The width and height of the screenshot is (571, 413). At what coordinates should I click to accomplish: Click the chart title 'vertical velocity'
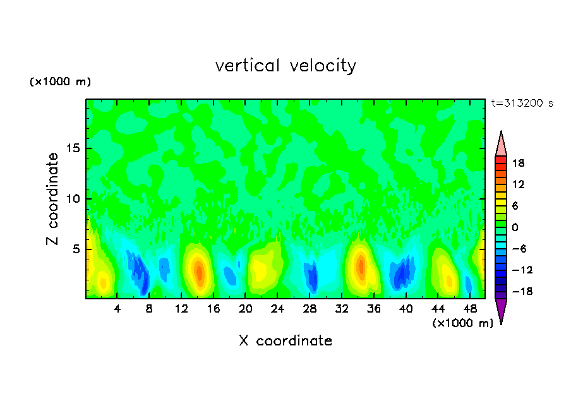[x=285, y=66]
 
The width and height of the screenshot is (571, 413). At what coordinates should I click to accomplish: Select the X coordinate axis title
[x=285, y=341]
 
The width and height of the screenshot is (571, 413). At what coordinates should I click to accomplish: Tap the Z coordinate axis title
[x=52, y=199]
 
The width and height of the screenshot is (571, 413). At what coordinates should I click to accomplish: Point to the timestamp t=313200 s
[x=522, y=104]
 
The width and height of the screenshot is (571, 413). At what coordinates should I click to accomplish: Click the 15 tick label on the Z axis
[x=73, y=149]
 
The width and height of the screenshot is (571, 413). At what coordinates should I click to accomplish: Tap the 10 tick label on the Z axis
[x=73, y=199]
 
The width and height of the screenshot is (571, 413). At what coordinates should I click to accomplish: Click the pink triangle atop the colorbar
[x=501, y=145]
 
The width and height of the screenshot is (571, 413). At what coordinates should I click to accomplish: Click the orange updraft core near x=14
[x=199, y=272]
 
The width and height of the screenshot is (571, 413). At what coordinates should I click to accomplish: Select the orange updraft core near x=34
[x=361, y=265]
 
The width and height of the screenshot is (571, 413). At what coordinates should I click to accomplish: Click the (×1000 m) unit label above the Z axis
[x=61, y=82]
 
